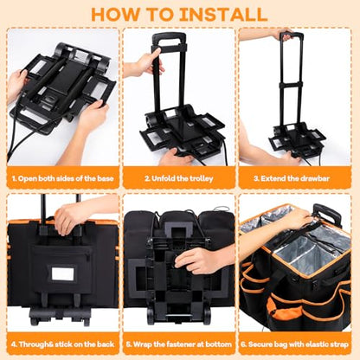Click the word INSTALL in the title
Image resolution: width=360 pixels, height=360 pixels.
223,14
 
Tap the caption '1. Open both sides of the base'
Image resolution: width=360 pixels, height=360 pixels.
62,178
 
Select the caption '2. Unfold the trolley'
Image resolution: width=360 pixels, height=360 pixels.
179,178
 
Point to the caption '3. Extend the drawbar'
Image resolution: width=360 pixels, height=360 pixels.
292,178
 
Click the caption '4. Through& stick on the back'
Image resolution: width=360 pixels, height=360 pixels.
62,344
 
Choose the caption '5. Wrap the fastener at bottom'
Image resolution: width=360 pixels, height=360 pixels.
179,344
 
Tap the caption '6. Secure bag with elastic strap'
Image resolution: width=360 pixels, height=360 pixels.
294,344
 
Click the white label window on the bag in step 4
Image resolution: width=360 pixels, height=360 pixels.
63,273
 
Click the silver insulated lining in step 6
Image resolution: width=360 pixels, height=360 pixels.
300,254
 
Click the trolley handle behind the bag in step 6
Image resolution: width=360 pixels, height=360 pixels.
327,213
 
